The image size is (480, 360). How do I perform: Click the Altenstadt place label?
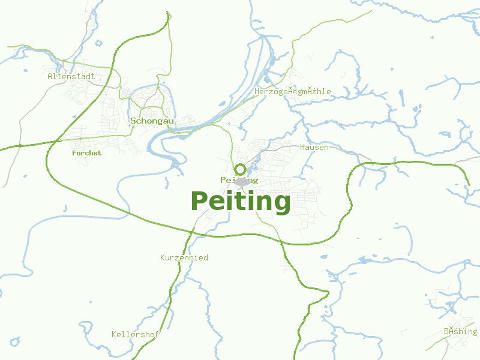click(71, 76)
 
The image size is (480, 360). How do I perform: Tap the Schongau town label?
click(152, 121)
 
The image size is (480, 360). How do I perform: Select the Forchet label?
click(86, 153)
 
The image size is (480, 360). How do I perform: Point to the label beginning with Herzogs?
click(292, 91)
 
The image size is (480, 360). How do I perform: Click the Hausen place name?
click(314, 147)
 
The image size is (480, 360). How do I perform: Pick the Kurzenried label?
click(184, 257)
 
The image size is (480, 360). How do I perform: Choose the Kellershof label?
click(135, 334)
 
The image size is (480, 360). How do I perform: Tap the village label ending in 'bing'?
click(460, 331)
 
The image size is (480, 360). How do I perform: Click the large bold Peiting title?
click(241, 201)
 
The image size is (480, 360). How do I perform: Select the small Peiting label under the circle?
click(239, 180)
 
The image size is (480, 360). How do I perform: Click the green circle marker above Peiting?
click(241, 170)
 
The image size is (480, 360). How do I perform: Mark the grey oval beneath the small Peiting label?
click(242, 182)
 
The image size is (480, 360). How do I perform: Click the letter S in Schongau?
click(133, 121)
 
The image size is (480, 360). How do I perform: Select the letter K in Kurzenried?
click(163, 257)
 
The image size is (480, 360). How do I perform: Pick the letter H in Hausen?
click(302, 147)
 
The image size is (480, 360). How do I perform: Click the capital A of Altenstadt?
click(50, 76)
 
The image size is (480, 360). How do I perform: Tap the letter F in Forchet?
click(74, 153)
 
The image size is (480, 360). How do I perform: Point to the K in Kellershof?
click(114, 334)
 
